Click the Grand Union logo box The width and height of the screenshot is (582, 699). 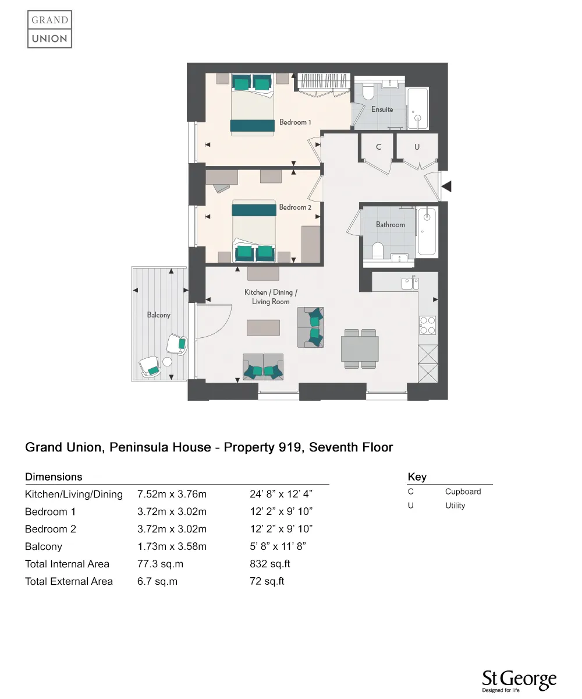(49, 29)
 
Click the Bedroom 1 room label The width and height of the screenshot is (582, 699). (295, 122)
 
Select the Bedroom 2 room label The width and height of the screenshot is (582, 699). (295, 207)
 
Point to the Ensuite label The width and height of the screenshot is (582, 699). (382, 110)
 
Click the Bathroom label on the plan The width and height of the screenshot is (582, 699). (390, 225)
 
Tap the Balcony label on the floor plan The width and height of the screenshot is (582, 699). (158, 315)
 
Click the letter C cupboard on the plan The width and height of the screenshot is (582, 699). (378, 147)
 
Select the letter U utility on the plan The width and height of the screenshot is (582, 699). (417, 147)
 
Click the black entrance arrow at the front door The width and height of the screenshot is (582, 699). (447, 186)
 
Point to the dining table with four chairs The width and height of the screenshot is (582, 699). (360, 349)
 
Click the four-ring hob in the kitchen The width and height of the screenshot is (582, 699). (428, 325)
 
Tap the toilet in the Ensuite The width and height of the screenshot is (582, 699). (368, 93)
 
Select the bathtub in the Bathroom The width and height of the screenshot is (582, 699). (427, 231)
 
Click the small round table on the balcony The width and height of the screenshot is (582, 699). (167, 362)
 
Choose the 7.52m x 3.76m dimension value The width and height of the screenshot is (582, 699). (172, 495)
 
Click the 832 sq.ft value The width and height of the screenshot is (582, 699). (269, 564)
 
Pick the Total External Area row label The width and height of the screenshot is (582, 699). (69, 581)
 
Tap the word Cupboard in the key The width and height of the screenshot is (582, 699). (463, 492)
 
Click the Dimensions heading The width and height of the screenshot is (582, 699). (54, 477)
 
